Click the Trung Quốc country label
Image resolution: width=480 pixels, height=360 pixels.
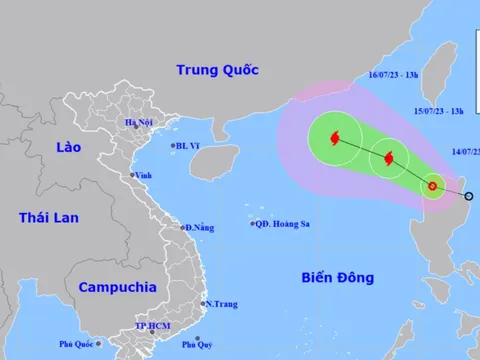click(x=217, y=70)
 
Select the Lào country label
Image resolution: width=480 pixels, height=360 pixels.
click(x=40, y=147)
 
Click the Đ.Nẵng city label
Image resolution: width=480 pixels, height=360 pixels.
click(x=201, y=228)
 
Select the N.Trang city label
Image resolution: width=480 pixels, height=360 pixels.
click(x=221, y=303)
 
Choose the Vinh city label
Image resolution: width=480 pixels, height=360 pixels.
click(x=144, y=174)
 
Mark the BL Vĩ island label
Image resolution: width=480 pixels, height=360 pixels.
click(x=187, y=146)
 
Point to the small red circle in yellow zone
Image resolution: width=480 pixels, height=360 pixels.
click(x=433, y=185)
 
